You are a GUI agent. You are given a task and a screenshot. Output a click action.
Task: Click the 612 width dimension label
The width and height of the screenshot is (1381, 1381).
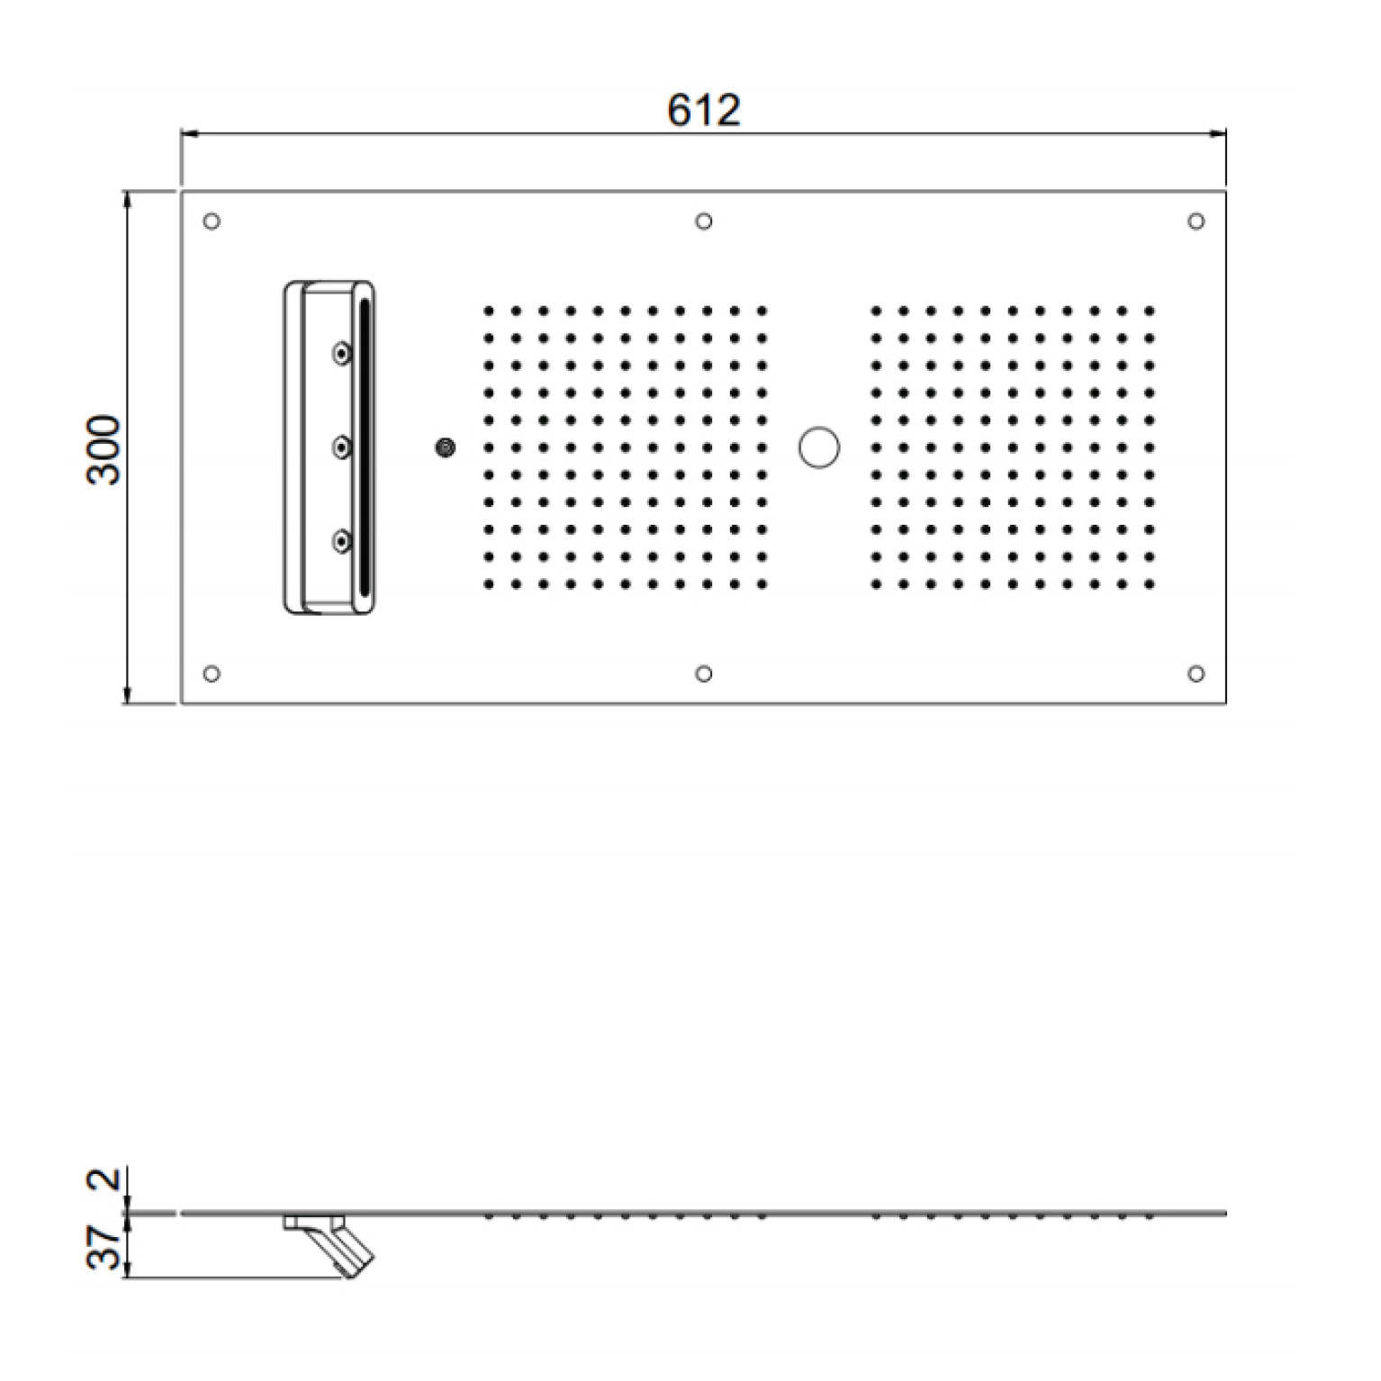click(704, 110)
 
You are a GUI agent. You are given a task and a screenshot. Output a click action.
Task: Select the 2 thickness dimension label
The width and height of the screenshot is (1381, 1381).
click(105, 1178)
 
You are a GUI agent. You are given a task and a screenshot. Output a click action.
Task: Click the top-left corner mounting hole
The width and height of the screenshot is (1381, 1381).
click(212, 221)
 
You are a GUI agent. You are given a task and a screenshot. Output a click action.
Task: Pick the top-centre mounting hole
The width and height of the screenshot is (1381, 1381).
click(704, 221)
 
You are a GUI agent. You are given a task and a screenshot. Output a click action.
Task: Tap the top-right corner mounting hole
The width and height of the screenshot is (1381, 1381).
click(1196, 221)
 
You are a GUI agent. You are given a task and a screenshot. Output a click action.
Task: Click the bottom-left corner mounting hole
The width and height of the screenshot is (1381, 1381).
click(212, 673)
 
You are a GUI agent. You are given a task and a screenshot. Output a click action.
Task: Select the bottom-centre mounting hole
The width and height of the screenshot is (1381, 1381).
click(704, 673)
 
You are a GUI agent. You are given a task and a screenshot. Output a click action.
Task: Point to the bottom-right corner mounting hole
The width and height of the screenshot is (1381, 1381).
click(1196, 673)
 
